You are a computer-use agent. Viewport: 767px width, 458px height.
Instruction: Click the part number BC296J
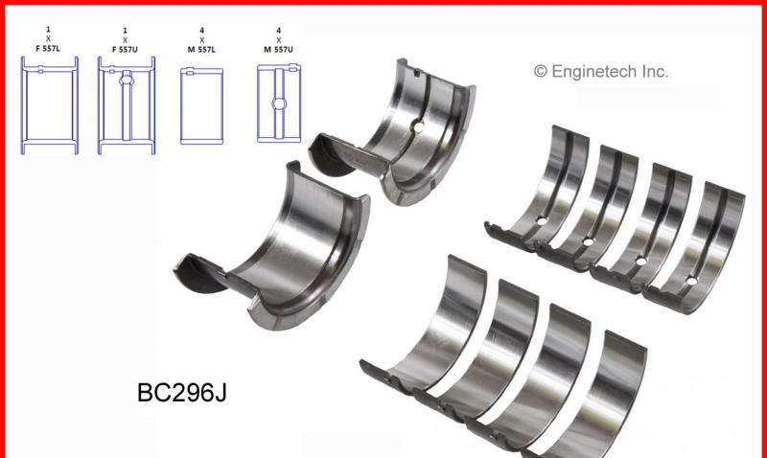click(x=181, y=393)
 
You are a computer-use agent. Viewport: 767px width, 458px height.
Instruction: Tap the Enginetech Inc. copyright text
click(x=601, y=71)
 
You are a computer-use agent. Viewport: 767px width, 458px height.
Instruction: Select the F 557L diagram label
click(x=48, y=49)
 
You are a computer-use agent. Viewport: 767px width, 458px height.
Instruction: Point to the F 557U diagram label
click(x=125, y=50)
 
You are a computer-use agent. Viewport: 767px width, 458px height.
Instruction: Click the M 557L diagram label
click(x=201, y=50)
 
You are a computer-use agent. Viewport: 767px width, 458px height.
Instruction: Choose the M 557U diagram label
click(x=278, y=50)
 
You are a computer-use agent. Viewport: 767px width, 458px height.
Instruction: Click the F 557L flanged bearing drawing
click(x=50, y=105)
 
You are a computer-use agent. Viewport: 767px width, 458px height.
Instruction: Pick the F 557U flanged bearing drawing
click(x=127, y=105)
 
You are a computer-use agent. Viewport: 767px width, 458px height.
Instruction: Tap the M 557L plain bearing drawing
click(x=201, y=106)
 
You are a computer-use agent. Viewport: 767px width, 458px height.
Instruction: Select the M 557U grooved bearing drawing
click(x=279, y=103)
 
